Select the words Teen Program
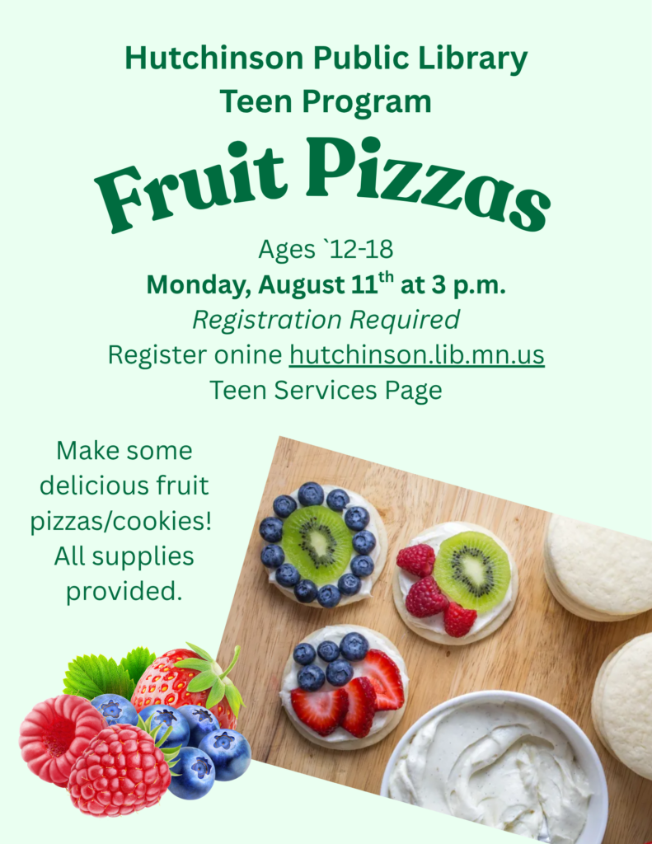pyautogui.click(x=326, y=102)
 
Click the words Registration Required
pyautogui.click(x=326, y=321)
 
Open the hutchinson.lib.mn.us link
pyautogui.click(x=417, y=354)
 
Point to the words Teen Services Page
pyautogui.click(x=326, y=390)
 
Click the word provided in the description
pyautogui.click(x=124, y=592)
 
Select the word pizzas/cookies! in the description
pyautogui.click(x=121, y=522)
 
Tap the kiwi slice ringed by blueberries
pyautogui.click(x=317, y=544)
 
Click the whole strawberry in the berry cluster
pyautogui.click(x=185, y=683)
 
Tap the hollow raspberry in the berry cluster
pyautogui.click(x=57, y=738)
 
